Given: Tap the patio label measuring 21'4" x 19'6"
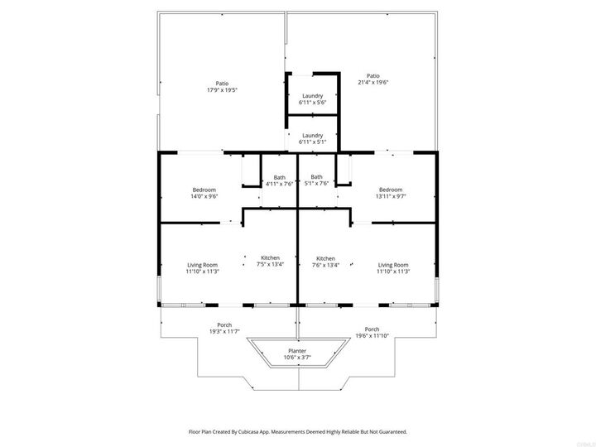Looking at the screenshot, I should point(372,79).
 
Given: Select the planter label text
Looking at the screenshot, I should point(296,351).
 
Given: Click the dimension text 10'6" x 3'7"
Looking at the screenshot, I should point(296,358).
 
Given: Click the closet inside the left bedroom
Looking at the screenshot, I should point(251,171).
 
